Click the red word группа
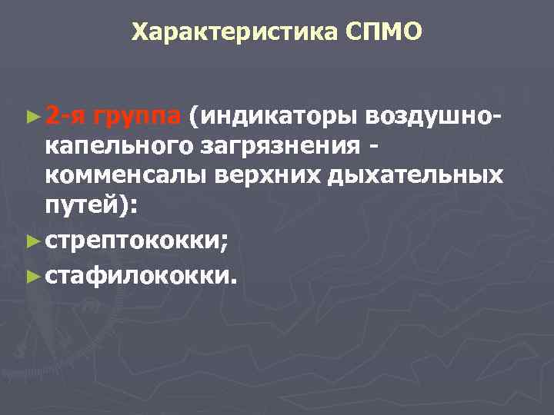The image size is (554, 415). pos(137,116)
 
